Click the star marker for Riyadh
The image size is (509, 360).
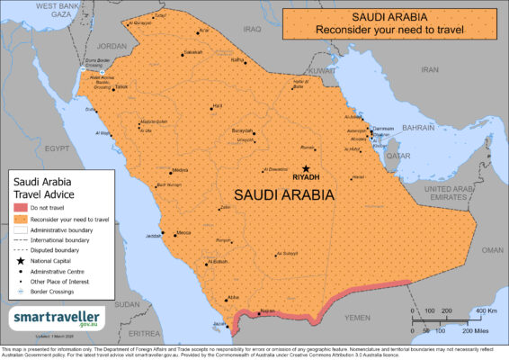point(306,168)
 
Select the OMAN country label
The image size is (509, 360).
point(493,250)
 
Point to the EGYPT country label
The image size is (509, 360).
point(58,146)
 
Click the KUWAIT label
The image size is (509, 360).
point(321,69)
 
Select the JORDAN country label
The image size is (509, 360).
point(112,46)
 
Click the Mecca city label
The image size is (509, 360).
point(183,233)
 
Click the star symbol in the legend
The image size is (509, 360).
point(20,259)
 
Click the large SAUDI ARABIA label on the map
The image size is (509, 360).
point(284,194)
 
